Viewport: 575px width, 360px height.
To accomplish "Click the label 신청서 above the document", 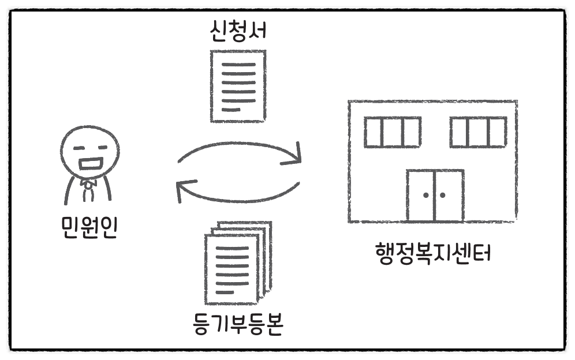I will pyautogui.click(x=238, y=31).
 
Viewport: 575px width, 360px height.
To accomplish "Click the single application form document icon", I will pyautogui.click(x=238, y=85).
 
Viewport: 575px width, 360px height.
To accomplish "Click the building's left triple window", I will pyautogui.click(x=392, y=132).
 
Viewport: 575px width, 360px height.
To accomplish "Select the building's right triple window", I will pyautogui.click(x=479, y=132).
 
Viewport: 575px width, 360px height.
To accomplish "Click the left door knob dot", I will pyautogui.click(x=426, y=196).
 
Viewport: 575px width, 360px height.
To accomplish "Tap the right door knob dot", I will pyautogui.click(x=443, y=196).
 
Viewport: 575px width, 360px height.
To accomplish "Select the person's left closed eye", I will pyautogui.click(x=79, y=147).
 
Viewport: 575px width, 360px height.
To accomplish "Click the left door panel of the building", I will pyautogui.click(x=421, y=196).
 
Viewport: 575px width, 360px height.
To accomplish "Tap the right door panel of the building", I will pyautogui.click(x=449, y=196).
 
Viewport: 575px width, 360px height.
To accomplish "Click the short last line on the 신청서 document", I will pyautogui.click(x=231, y=109).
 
